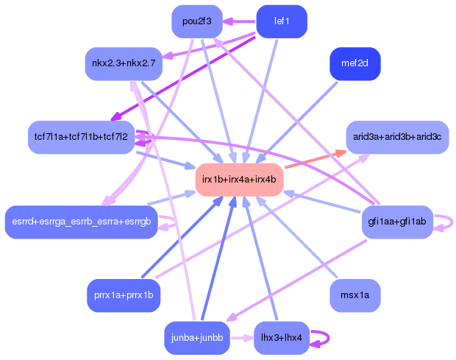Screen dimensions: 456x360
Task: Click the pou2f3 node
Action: [197, 21]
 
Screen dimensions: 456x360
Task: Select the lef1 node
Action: [282, 21]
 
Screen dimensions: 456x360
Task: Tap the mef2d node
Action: [355, 64]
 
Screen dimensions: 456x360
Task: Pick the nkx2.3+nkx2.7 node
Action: [124, 64]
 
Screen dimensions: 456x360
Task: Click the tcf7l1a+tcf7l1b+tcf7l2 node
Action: [81, 137]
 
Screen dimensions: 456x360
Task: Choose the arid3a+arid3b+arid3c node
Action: [397, 137]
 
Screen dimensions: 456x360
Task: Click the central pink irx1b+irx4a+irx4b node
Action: [239, 180]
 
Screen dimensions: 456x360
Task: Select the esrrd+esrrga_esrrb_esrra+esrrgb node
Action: [82, 222]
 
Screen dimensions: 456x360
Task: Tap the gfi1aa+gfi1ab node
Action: [397, 222]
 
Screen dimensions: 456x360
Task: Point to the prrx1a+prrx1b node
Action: [124, 295]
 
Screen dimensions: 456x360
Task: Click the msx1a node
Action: [355, 295]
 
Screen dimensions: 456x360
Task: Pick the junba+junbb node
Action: [197, 338]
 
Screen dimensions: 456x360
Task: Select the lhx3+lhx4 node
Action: [282, 338]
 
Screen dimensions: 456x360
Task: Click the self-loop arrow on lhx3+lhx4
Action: [329, 338]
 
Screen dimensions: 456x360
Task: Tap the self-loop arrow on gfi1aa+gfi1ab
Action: [452, 222]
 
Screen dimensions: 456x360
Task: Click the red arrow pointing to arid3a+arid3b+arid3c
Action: [316, 159]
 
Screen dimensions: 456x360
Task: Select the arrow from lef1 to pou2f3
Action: [239, 21]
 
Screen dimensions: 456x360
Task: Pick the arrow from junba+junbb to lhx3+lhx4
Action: [242, 338]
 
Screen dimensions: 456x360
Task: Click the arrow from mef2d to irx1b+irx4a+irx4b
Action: [296, 123]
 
